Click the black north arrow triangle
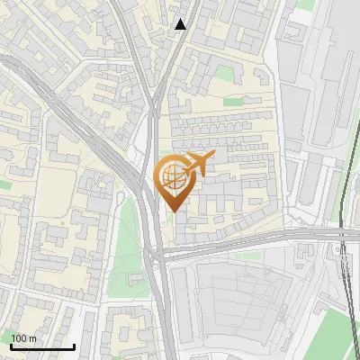(181, 24)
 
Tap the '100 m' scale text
(23, 337)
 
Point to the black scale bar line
(42, 346)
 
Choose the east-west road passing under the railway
(270, 240)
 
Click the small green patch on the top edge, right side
(306, 5)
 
